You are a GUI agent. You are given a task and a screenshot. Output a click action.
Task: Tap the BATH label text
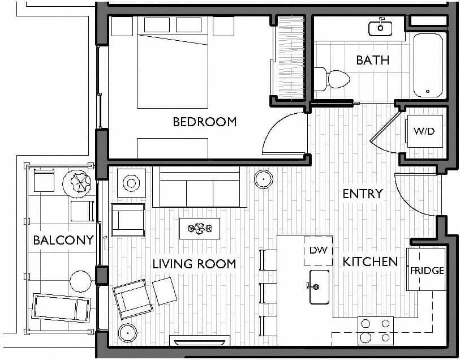pos(372,59)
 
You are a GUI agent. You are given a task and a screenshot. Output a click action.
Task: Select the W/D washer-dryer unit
pos(424,131)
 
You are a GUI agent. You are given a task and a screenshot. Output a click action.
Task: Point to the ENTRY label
pos(363,194)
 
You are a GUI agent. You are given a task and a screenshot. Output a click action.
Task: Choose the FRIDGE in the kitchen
pos(427,270)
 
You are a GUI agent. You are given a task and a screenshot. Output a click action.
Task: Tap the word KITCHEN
pos(370,262)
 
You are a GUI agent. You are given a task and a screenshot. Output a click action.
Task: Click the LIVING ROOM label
pos(194,264)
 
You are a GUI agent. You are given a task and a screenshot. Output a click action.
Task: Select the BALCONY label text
pos(63,240)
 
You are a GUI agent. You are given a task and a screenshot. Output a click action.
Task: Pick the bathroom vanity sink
pos(381,27)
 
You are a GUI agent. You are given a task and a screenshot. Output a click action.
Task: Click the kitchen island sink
pos(319,286)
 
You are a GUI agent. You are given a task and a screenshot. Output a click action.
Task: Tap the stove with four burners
pos(376,331)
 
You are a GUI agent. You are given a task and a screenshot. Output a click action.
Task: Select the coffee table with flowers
pos(199,229)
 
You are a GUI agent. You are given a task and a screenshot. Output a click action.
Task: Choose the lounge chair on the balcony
pos(61,307)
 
